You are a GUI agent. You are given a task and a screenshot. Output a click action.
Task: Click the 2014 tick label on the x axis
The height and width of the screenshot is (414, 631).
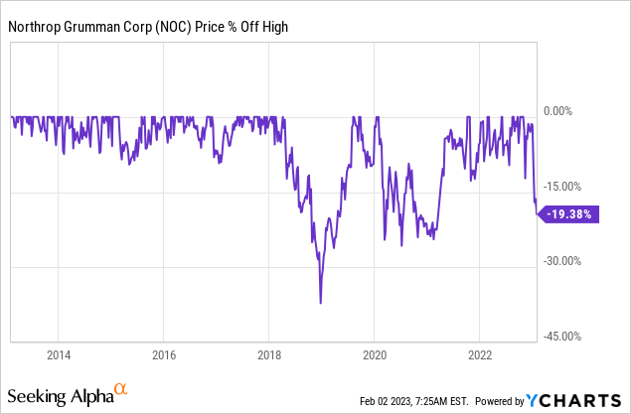59,354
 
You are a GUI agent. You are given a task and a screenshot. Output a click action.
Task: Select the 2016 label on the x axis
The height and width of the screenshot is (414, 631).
164,354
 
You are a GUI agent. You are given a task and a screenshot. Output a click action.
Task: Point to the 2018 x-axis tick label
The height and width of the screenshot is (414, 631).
269,354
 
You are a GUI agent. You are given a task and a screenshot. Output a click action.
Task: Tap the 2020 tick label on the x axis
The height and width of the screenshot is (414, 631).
375,354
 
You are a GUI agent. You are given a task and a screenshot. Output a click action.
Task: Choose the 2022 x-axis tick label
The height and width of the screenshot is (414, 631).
480,354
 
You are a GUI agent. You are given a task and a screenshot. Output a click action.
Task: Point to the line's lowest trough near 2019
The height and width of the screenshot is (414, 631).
320,303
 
